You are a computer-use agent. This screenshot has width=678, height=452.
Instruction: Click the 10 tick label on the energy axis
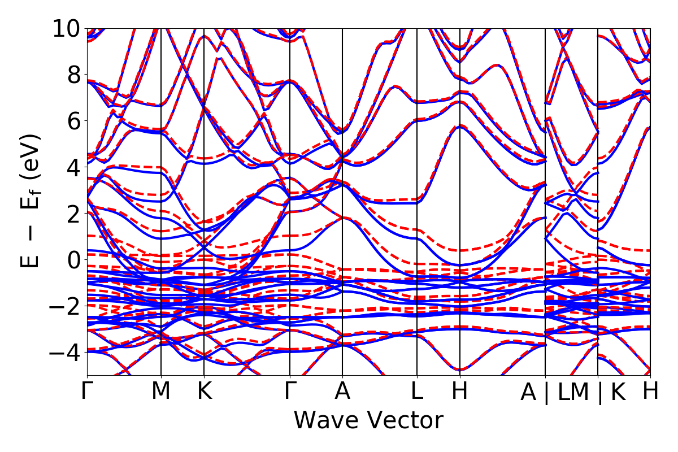coord(66,28)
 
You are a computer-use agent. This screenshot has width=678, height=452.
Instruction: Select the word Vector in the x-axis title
coord(404,421)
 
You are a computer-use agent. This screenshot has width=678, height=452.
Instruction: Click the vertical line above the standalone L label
coord(417,169)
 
